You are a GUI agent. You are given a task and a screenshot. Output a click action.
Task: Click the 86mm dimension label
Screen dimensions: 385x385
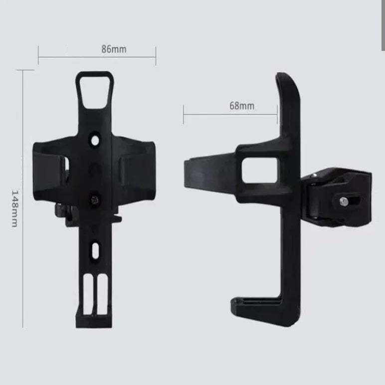114,49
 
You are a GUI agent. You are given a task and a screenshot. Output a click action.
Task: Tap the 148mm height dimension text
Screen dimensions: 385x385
14,208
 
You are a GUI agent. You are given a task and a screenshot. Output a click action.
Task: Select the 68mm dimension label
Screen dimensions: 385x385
242,106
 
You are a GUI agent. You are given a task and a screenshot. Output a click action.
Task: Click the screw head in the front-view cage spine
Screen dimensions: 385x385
94,199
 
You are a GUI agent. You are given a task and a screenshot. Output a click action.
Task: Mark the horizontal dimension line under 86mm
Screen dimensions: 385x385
97,57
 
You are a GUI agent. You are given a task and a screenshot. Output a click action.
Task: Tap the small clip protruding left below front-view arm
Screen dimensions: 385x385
61,212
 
